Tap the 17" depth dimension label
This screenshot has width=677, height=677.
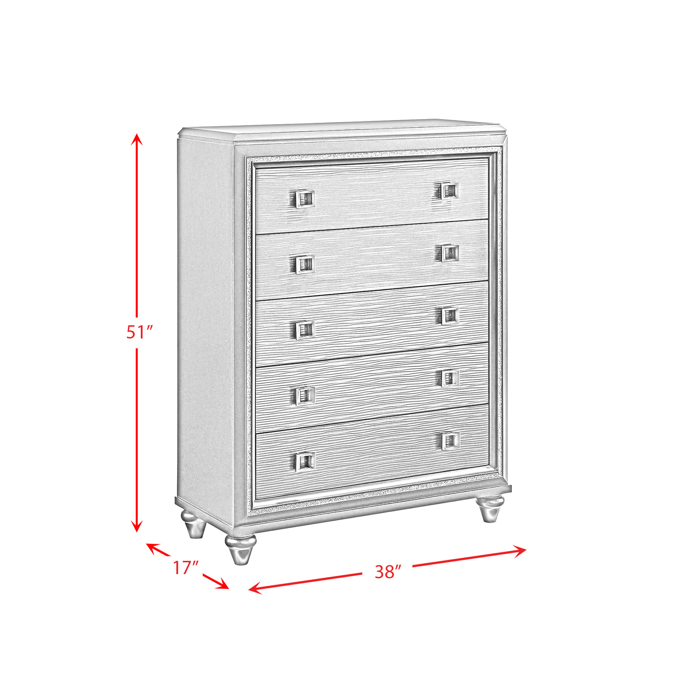[186, 568]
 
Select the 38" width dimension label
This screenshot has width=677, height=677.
[388, 572]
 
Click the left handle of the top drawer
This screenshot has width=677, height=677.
[305, 199]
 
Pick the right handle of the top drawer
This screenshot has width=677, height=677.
[448, 191]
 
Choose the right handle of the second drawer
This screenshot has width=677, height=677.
[449, 253]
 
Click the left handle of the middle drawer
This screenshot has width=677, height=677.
[305, 330]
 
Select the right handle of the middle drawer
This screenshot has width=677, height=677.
[449, 316]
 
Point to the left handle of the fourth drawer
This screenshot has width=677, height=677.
[306, 395]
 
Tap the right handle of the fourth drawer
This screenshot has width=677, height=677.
[450, 378]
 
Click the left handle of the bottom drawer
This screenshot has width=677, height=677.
[306, 460]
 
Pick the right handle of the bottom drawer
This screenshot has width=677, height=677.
[450, 441]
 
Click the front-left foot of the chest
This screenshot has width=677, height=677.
[240, 550]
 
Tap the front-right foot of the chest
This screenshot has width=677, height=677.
[490, 508]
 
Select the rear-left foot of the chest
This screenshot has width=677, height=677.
[194, 524]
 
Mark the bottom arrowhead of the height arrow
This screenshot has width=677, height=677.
[137, 525]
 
